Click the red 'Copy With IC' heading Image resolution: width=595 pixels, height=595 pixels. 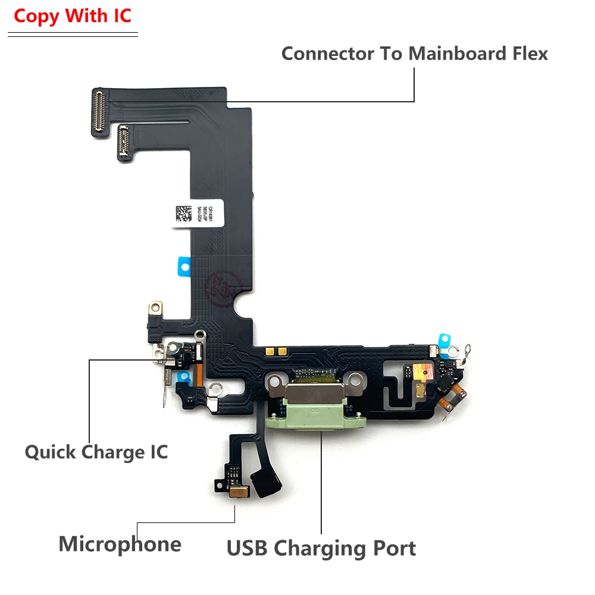click(x=72, y=16)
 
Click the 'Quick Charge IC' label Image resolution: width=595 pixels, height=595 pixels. click(x=96, y=452)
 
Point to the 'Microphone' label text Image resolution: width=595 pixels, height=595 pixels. click(x=120, y=544)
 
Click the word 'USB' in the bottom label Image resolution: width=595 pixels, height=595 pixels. click(x=247, y=547)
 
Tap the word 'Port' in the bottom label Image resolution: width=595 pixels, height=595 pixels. click(x=392, y=547)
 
